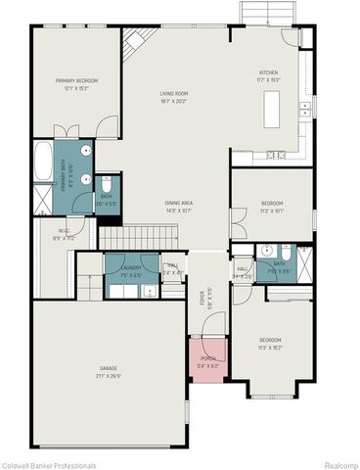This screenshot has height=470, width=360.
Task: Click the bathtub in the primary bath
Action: coord(43,163)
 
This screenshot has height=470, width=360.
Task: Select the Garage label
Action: coord(108,372)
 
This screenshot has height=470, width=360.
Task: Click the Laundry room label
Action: coord(130,272)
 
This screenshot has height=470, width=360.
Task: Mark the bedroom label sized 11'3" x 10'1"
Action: coord(271,207)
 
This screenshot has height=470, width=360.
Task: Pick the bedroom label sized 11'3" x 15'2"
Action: coord(269,343)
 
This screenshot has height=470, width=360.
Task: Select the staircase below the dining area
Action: coord(136,237)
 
